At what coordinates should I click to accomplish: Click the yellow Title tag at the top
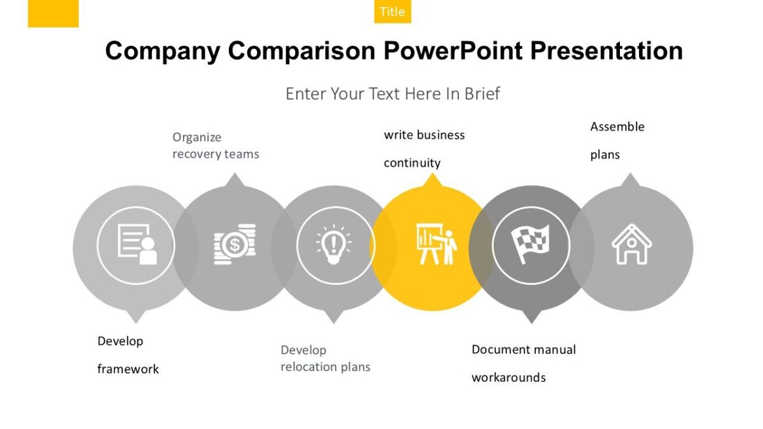(392, 11)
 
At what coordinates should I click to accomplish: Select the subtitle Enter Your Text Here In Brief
(392, 94)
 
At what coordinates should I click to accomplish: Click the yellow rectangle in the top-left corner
(53, 13)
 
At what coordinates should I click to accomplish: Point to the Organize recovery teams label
(216, 146)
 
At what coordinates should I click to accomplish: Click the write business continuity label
(424, 149)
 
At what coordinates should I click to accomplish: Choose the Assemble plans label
(617, 140)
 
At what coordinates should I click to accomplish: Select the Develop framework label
(128, 355)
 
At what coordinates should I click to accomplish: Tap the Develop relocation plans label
(325, 358)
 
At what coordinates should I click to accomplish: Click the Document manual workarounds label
(523, 363)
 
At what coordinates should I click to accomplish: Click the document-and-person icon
(136, 245)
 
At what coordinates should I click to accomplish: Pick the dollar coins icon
(235, 244)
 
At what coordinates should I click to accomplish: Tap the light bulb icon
(334, 245)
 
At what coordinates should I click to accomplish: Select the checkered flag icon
(530, 245)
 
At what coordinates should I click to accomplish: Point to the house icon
(631, 244)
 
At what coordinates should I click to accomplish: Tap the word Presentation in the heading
(607, 51)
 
